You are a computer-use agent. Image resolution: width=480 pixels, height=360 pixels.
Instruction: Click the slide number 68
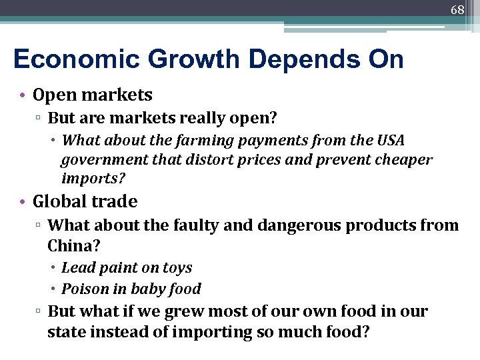point(457,10)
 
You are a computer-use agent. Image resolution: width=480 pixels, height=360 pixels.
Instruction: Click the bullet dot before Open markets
point(22,96)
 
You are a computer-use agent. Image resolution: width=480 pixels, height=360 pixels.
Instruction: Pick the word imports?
point(93,179)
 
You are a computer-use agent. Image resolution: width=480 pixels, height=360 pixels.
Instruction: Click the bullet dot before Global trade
point(22,201)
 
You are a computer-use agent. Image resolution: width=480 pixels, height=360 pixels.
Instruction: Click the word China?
point(74,245)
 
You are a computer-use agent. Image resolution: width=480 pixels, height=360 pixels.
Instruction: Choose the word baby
point(149,289)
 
